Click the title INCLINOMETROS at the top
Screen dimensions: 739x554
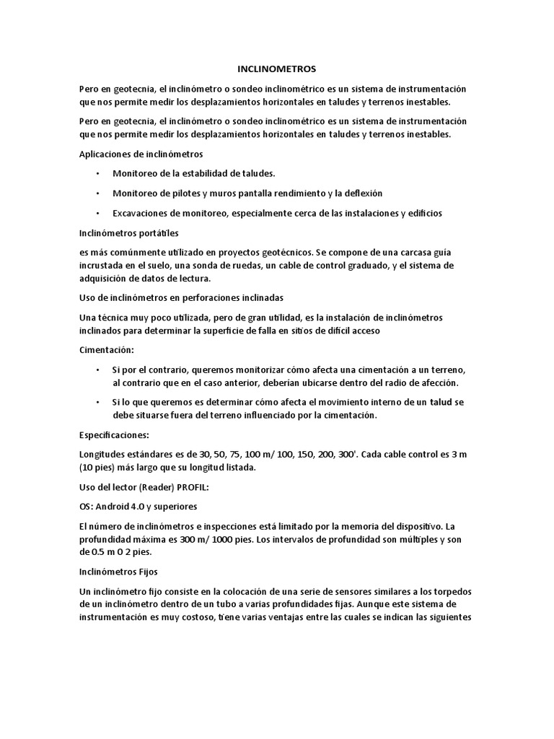pos(277,69)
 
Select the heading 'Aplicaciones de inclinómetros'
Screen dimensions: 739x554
pos(141,154)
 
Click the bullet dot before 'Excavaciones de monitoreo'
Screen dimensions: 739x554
pos(97,214)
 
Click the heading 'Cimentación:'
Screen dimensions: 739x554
pos(106,350)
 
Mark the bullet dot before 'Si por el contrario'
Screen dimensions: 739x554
pos(97,369)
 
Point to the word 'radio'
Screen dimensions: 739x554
pos(385,382)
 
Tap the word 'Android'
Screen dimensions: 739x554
pos(112,507)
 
